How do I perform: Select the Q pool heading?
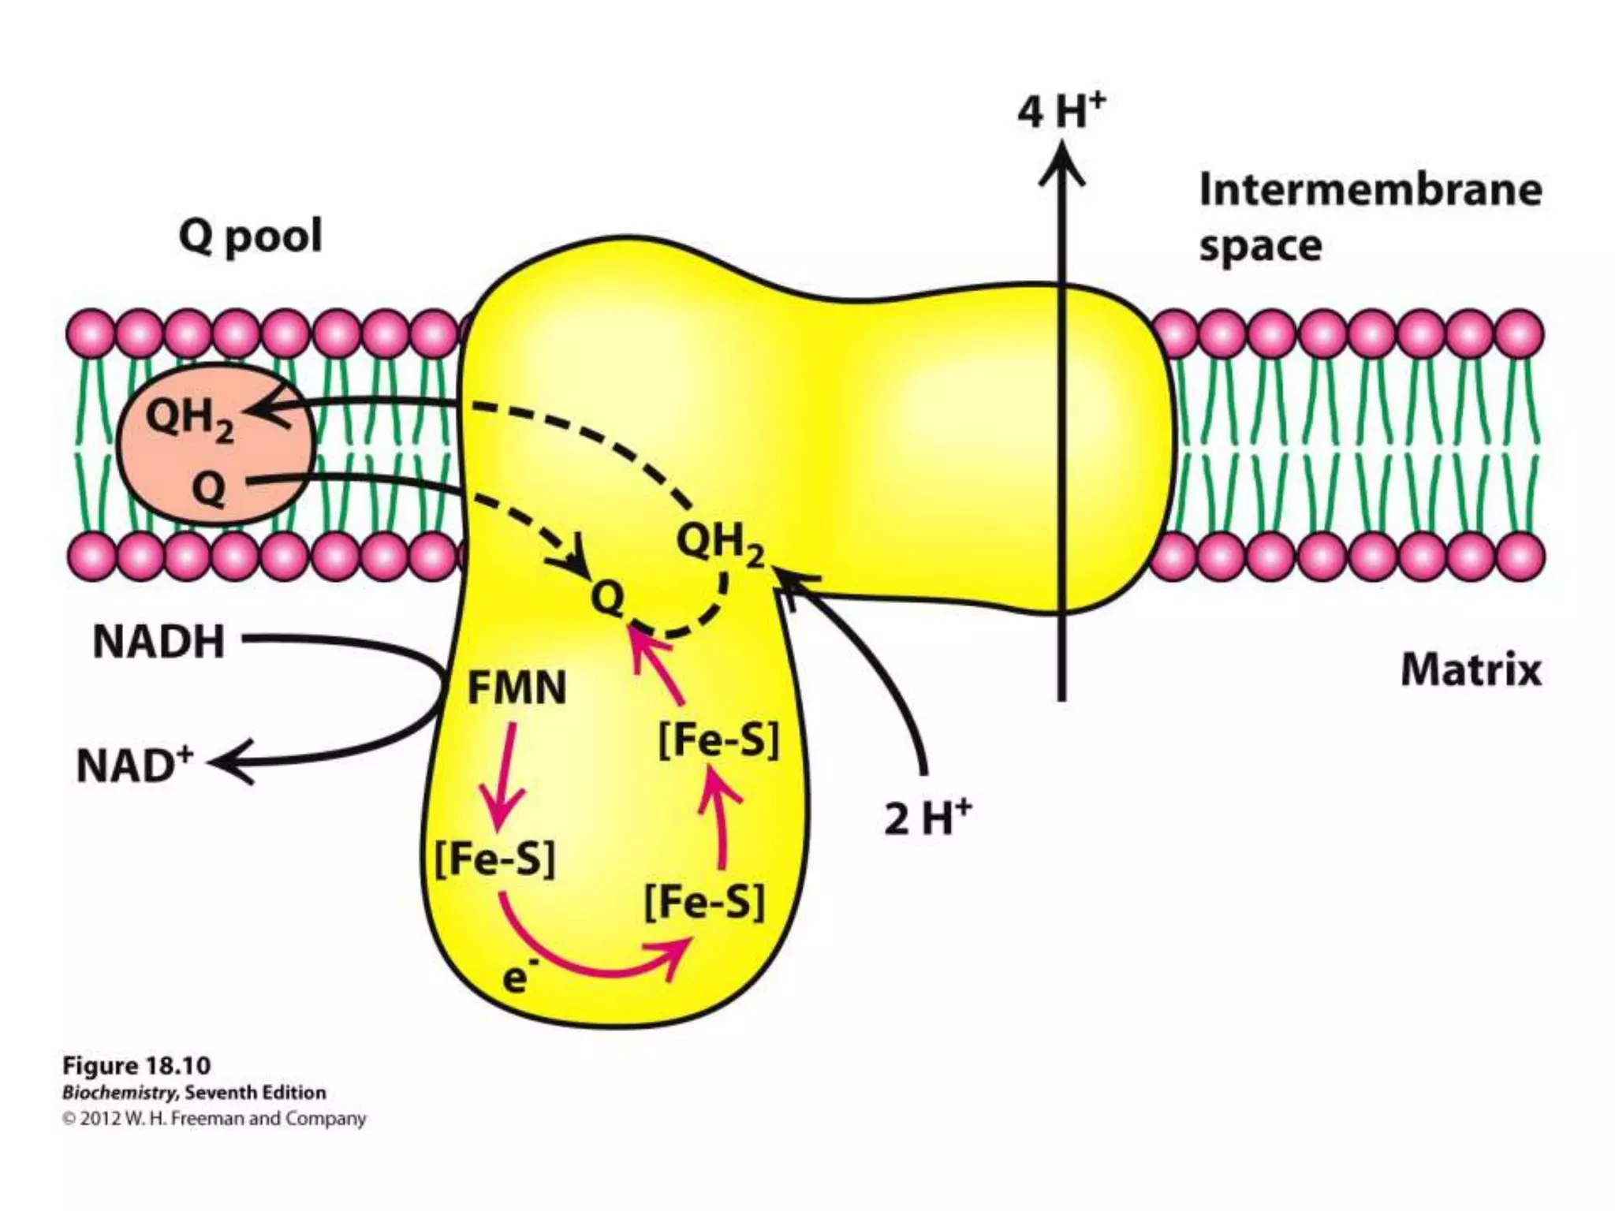(251, 236)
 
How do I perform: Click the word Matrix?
(1471, 671)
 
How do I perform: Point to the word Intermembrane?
(1370, 191)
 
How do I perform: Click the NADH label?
(159, 642)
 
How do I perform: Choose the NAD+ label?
(135, 766)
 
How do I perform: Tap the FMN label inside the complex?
(517, 687)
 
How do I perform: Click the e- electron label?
(517, 978)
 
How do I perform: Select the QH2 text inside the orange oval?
(190, 419)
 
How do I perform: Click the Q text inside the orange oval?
(208, 490)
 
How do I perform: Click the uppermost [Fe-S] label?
(718, 740)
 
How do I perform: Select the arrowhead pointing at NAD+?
(233, 762)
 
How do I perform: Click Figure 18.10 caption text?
(136, 1066)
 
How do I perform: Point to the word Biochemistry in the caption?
(120, 1093)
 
